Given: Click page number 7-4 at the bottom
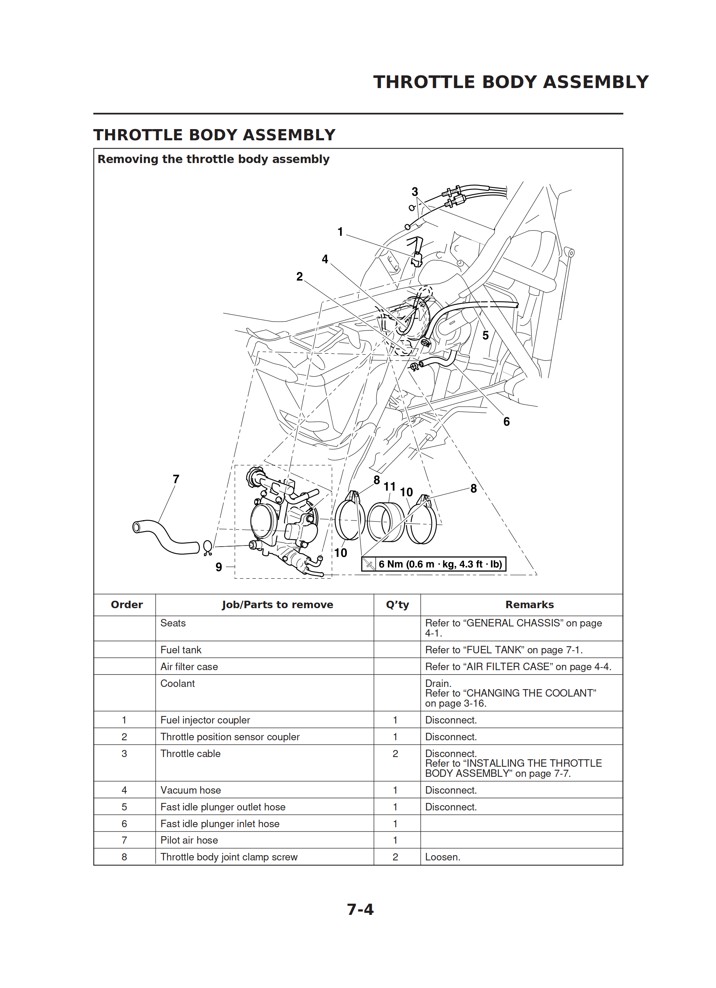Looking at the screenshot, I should (x=360, y=909).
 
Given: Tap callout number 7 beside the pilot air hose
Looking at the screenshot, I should (x=176, y=479).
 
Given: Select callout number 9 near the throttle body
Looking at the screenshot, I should (x=219, y=567).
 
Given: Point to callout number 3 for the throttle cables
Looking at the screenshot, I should (x=415, y=192).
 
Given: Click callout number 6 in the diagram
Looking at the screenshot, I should (x=506, y=422).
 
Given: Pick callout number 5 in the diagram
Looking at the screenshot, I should (x=486, y=335).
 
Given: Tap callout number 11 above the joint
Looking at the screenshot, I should (x=389, y=487).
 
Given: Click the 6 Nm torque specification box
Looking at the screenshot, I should (x=434, y=564).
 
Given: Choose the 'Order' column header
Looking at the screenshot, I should (x=127, y=605).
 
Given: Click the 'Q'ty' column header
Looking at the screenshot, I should (x=397, y=605).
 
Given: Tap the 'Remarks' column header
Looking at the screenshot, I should (x=529, y=605).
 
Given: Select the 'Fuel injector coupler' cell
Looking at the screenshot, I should (x=205, y=720).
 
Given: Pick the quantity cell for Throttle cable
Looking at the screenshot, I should (x=395, y=754).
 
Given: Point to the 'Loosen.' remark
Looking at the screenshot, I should (x=443, y=857).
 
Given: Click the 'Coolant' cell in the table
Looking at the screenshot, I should (x=177, y=684).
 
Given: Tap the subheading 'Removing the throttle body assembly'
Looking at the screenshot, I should (x=213, y=159).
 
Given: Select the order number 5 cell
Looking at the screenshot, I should (x=124, y=807).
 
